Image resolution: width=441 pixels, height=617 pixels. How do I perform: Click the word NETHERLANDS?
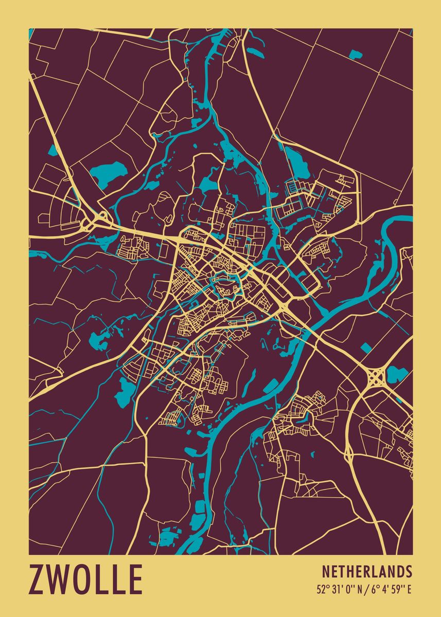(367, 571)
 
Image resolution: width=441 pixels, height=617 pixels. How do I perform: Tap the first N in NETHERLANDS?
(326, 571)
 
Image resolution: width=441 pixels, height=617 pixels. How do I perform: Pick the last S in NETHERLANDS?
(409, 571)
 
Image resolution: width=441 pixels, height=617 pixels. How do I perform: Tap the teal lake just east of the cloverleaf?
(396, 374)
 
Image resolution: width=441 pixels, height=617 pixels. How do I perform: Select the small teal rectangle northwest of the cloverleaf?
(366, 348)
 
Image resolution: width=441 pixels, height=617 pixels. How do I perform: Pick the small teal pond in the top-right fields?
(356, 54)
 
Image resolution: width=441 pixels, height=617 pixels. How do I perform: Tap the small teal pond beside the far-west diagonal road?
(53, 150)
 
